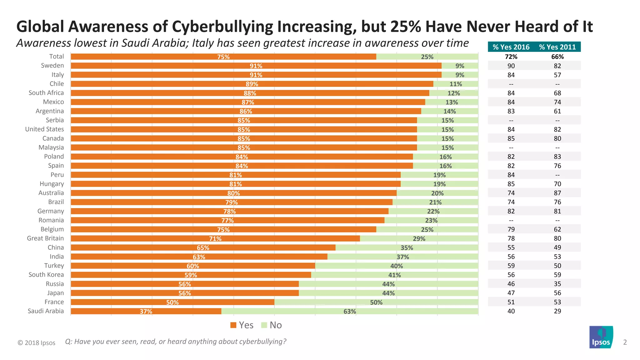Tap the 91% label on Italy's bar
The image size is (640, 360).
(256, 75)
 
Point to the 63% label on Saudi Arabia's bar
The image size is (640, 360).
(350, 312)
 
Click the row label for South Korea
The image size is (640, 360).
(46, 275)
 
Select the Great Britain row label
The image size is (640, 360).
(45, 238)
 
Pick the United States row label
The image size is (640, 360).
(44, 129)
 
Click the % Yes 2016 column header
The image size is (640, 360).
(511, 47)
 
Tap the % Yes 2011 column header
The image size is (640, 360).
(557, 47)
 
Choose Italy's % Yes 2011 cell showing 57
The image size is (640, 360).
(557, 75)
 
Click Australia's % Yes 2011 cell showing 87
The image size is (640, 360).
(557, 193)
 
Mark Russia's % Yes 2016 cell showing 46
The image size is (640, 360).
(511, 284)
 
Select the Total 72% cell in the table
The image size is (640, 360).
(511, 57)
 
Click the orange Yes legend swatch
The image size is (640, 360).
(233, 325)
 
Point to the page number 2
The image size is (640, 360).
(625, 342)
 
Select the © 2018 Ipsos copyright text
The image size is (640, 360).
(37, 343)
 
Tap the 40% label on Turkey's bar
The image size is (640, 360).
(397, 266)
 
